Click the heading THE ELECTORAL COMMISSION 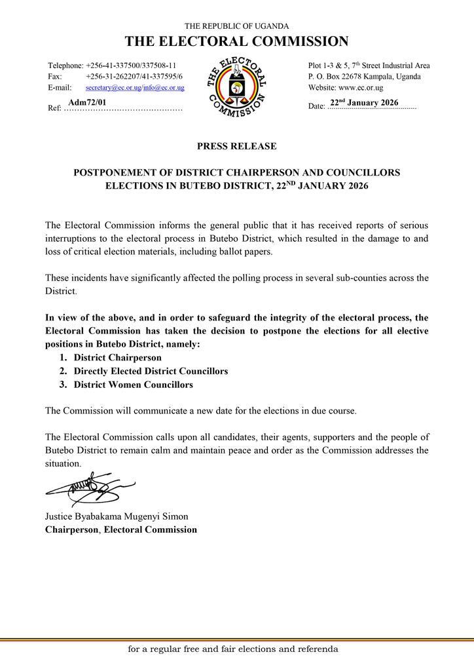(x=236, y=42)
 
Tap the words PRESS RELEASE (x=236, y=146)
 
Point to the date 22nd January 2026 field (x=365, y=103)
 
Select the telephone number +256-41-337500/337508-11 (x=131, y=66)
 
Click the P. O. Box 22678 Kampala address (x=365, y=77)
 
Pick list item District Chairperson (x=118, y=358)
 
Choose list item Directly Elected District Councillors (x=151, y=372)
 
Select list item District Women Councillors (x=134, y=385)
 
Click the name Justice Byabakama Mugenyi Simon (x=117, y=516)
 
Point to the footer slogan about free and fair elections (x=233, y=649)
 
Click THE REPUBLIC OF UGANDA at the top (x=236, y=26)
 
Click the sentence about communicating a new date (x=201, y=411)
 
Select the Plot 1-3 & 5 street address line (x=369, y=66)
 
